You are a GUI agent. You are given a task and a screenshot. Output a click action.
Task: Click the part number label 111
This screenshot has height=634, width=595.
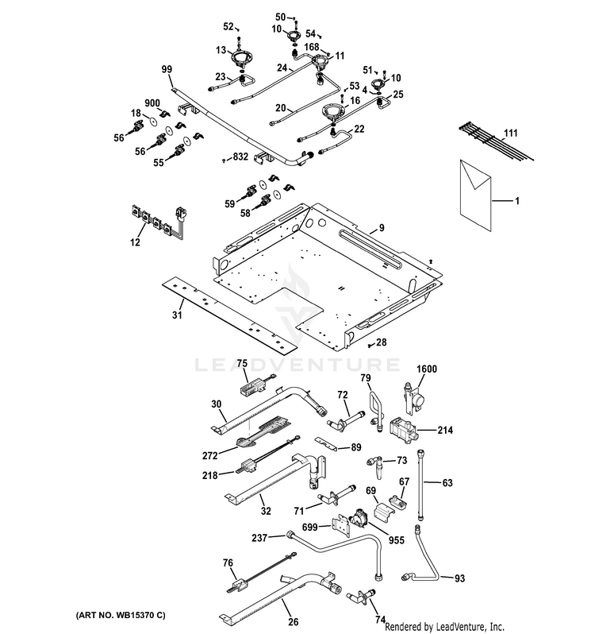(x=511, y=133)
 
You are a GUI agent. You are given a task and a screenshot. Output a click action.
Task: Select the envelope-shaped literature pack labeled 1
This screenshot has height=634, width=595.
(x=475, y=195)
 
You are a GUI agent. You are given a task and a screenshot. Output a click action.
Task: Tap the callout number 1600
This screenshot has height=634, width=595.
(x=427, y=369)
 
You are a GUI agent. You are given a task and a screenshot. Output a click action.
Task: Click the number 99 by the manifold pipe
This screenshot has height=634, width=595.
(x=167, y=69)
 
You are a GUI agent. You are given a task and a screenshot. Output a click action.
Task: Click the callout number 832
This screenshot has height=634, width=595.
(x=240, y=156)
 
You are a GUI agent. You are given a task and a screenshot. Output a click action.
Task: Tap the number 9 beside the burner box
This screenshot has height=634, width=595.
(x=382, y=228)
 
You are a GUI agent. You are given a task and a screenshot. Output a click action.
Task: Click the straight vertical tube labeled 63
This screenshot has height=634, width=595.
(x=421, y=485)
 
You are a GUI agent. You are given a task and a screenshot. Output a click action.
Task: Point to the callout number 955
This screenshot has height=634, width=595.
(x=396, y=539)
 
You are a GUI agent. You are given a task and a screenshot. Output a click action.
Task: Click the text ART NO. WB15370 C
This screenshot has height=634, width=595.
(x=121, y=616)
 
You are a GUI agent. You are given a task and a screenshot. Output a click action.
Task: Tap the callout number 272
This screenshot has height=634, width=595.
(x=210, y=456)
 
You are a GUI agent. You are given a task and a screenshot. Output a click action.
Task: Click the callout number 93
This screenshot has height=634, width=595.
(x=460, y=578)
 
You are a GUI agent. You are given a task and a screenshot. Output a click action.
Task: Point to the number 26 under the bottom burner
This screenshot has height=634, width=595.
(x=294, y=621)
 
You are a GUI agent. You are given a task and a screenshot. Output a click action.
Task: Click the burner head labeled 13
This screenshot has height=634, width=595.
(x=240, y=59)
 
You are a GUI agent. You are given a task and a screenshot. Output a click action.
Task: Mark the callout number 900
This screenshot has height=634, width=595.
(x=152, y=103)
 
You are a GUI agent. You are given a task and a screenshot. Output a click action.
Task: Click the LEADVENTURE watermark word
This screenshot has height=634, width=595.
(x=297, y=365)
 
